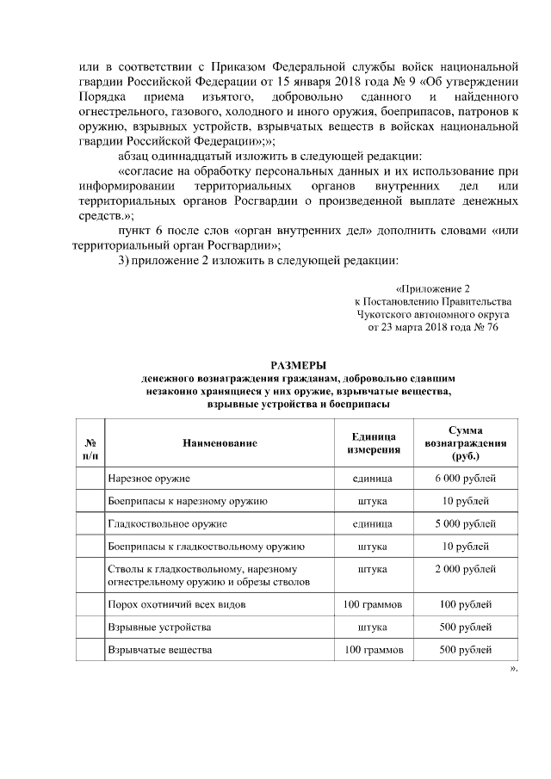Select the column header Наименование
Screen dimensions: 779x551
tap(220, 442)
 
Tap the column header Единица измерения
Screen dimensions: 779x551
tap(374, 442)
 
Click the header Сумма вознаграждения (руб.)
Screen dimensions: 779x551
tap(466, 442)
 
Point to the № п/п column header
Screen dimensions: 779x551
tap(90, 442)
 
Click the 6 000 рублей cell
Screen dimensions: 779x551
tap(466, 478)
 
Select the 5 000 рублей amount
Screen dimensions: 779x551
tap(466, 523)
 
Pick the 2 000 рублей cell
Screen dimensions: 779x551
tap(466, 569)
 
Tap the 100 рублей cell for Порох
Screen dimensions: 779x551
tap(466, 604)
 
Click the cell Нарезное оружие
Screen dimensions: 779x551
tap(149, 478)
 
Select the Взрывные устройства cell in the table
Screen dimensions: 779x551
tap(158, 627)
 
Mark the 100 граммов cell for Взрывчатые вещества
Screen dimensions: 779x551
tap(374, 649)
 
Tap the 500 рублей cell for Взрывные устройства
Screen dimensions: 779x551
tap(466, 627)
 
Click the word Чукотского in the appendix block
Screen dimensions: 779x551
tap(386, 315)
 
